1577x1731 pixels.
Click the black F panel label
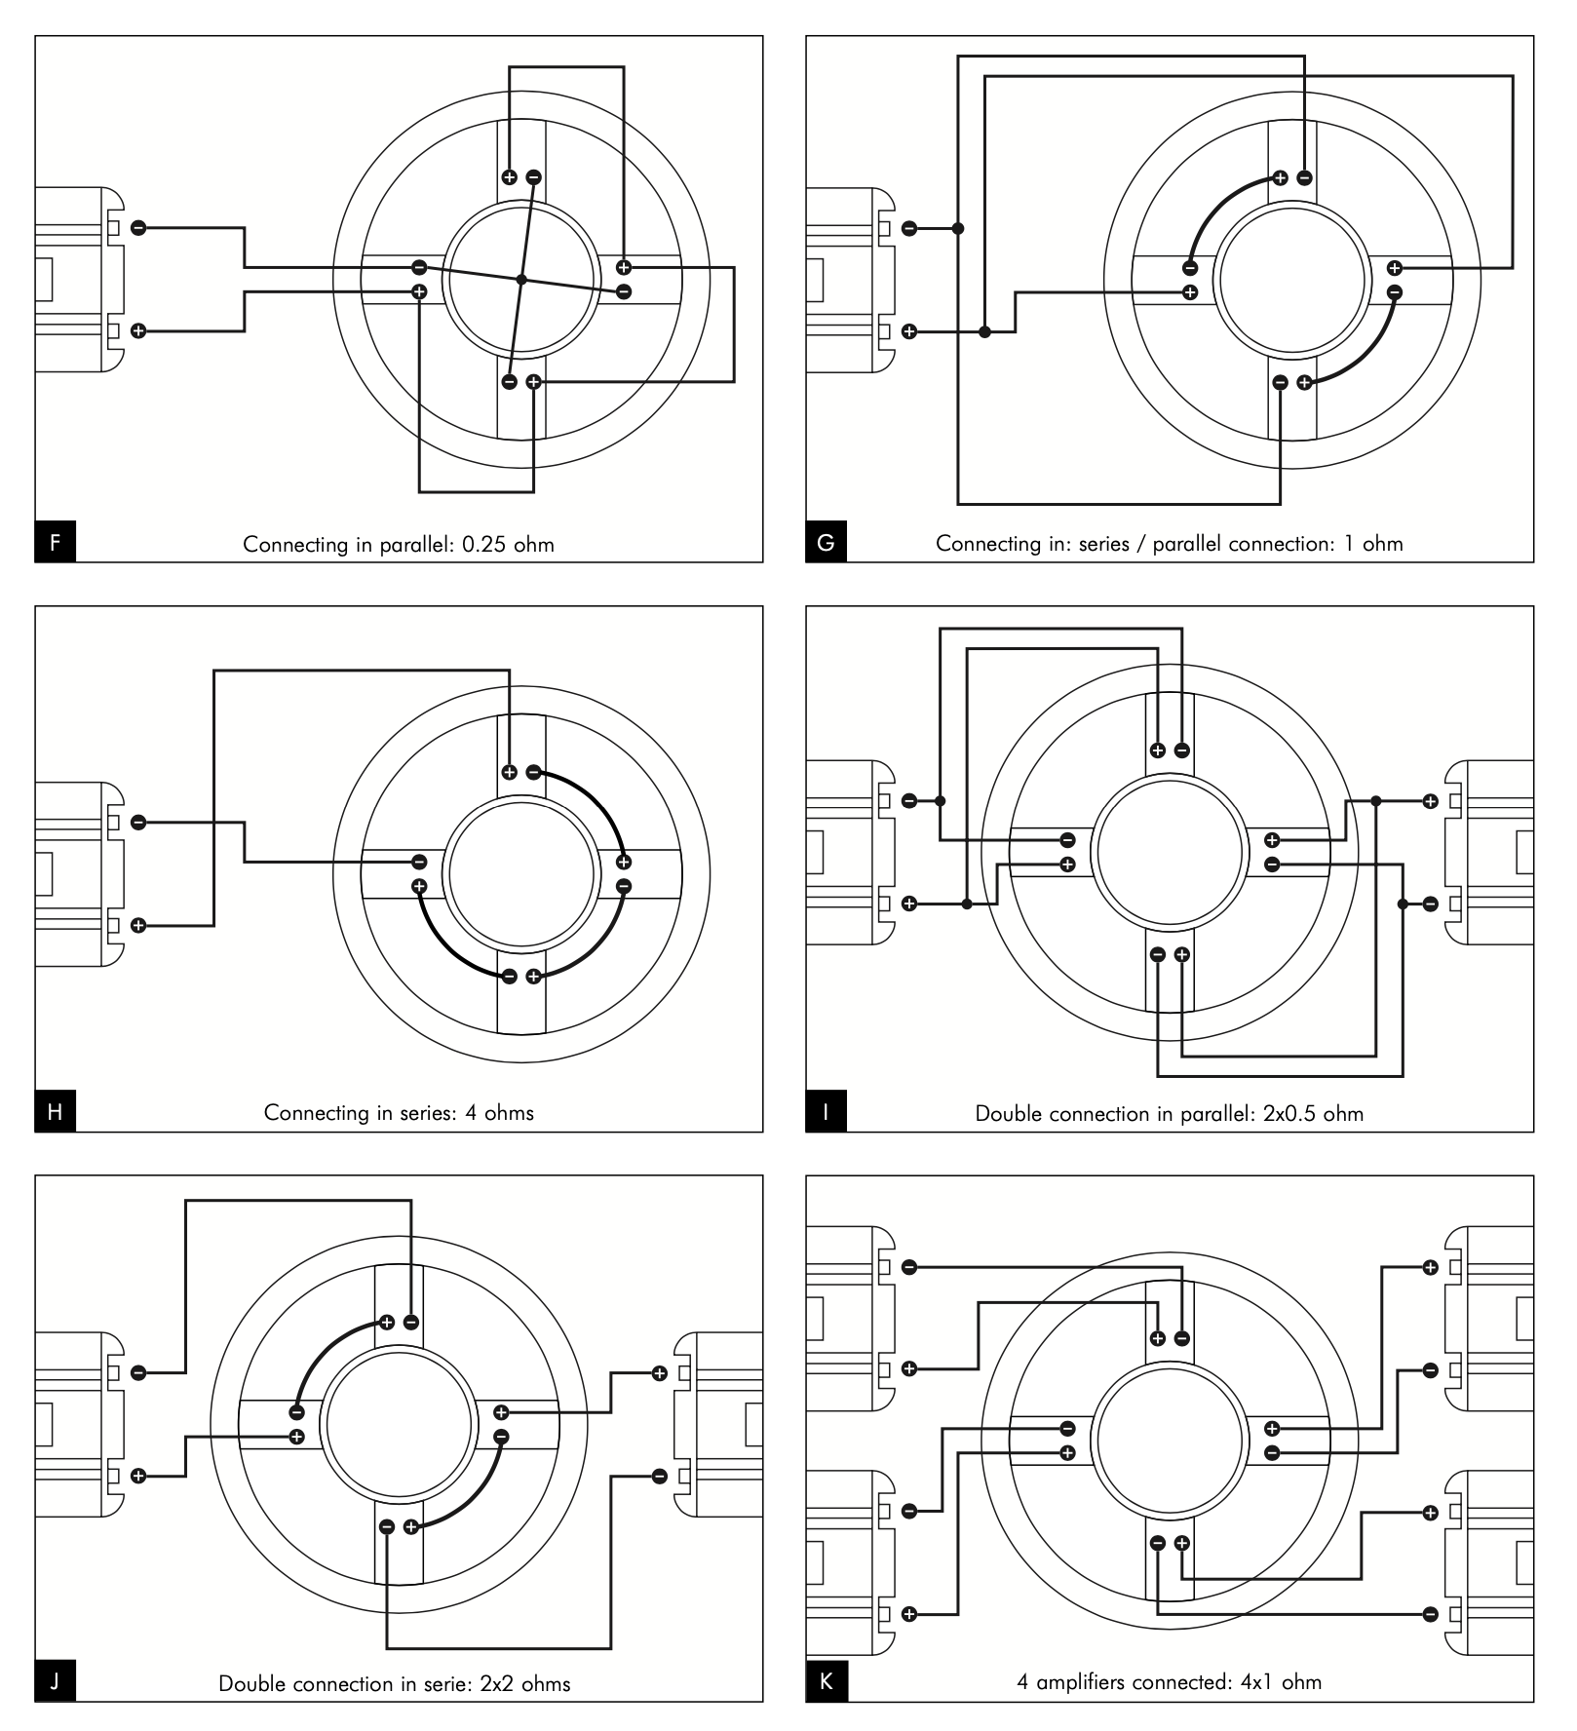56,542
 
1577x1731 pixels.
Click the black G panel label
826,542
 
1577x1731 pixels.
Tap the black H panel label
56,1112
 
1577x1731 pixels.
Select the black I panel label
826,1112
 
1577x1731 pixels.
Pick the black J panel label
56,1681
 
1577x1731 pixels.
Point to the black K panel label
827,1681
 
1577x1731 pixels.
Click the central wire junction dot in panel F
521,280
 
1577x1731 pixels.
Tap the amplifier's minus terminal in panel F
138,228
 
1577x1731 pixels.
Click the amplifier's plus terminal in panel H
138,925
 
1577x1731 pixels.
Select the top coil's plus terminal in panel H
509,772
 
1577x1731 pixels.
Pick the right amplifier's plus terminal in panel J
660,1373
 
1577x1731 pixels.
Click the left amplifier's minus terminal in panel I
909,801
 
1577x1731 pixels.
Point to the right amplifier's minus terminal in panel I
1430,904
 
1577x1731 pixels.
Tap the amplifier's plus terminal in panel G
909,331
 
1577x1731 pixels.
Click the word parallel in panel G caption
1186,544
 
